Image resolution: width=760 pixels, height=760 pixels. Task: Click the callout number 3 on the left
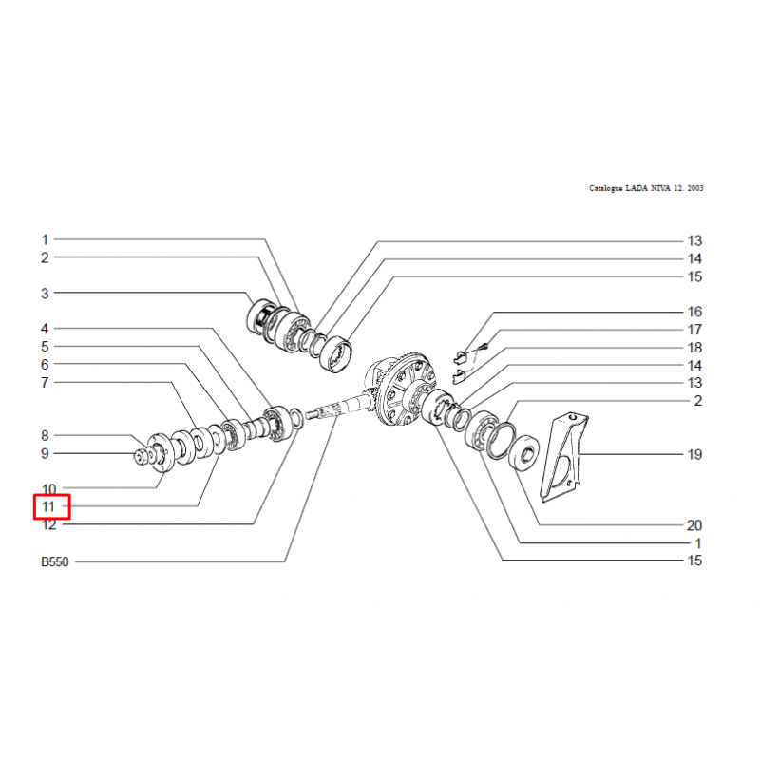tap(45, 294)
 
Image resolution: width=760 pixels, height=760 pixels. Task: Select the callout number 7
tap(45, 383)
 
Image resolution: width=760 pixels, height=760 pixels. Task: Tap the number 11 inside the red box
tap(48, 506)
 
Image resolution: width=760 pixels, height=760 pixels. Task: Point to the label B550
tap(55, 561)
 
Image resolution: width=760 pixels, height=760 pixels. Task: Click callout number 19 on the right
tap(694, 455)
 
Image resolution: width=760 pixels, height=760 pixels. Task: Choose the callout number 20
tap(694, 525)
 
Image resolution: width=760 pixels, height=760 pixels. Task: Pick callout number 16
tap(694, 312)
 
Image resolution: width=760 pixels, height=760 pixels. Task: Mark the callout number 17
tap(694, 330)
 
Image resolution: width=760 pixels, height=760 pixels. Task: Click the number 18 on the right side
tap(694, 348)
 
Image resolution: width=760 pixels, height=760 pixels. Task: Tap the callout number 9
tap(45, 454)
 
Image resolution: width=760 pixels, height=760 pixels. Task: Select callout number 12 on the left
tap(49, 524)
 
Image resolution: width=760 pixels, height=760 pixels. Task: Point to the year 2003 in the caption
tap(695, 188)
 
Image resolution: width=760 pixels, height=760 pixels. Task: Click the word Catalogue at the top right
tap(606, 188)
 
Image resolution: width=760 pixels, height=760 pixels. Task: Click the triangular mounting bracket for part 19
tap(563, 457)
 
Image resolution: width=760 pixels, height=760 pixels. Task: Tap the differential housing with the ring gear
tap(401, 391)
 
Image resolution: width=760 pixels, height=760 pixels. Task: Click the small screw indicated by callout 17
tap(484, 346)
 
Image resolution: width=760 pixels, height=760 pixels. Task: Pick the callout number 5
tap(45, 347)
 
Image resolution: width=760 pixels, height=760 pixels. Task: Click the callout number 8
tap(45, 436)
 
